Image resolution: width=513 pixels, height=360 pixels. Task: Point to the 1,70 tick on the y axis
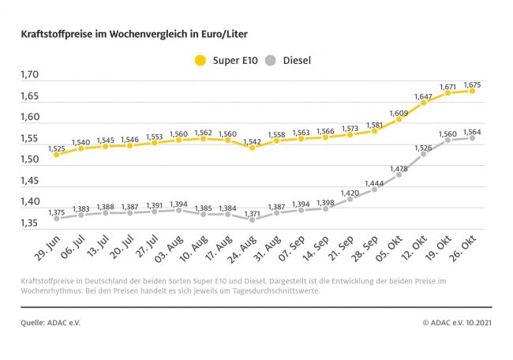29,75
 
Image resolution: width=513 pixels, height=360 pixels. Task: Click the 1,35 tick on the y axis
29,223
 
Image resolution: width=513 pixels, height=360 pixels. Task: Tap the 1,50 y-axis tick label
29,159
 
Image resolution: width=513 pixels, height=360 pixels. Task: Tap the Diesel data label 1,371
253,213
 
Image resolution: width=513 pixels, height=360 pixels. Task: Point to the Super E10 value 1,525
57,148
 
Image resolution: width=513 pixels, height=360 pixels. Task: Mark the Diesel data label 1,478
399,168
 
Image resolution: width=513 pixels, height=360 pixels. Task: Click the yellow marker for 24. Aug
253,147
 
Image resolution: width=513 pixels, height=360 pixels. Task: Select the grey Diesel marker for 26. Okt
472,137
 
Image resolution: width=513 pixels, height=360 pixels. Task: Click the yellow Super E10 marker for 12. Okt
424,103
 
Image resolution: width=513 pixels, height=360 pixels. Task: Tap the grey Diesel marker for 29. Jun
57,218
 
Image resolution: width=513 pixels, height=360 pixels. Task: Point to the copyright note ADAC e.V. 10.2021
456,323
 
